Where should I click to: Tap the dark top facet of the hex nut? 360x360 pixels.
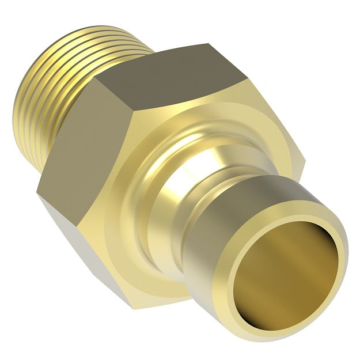coord(173,75)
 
